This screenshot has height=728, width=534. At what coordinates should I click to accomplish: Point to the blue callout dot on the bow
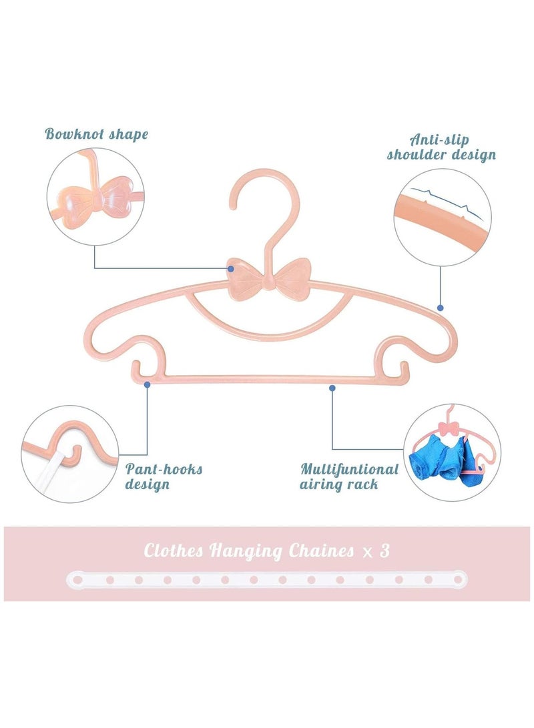[231, 269]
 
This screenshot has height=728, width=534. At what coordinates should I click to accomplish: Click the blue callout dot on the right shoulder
[440, 308]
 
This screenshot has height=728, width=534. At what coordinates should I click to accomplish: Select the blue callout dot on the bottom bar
[332, 386]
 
